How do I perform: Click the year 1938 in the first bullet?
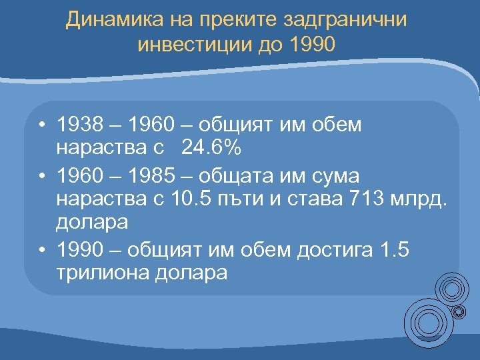pyautogui.click(x=80, y=125)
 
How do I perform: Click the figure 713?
pyautogui.click(x=371, y=197)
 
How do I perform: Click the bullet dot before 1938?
pyautogui.click(x=41, y=125)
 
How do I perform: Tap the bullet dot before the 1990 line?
pyautogui.click(x=41, y=250)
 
